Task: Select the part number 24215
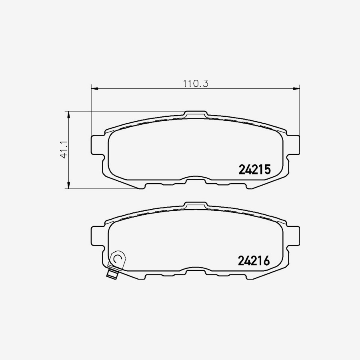point(255,170)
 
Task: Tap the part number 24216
point(254,261)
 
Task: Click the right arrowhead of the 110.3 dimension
point(297,88)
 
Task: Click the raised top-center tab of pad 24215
point(196,114)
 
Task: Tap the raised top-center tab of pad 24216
point(196,205)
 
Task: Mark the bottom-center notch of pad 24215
point(196,180)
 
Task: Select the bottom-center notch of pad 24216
point(196,271)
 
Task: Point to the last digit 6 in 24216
point(267,261)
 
